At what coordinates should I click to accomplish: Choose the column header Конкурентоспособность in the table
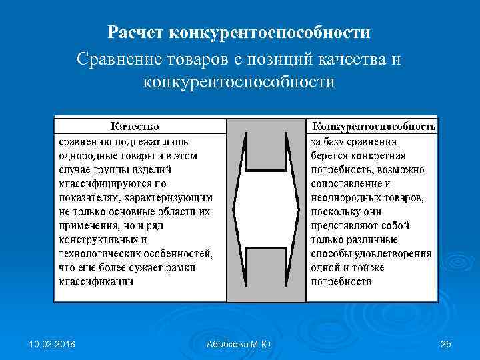[x=373, y=126]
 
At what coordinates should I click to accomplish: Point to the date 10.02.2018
[x=52, y=343]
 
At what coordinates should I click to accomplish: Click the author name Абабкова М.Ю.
[x=239, y=343]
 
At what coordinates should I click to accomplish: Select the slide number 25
[x=446, y=343]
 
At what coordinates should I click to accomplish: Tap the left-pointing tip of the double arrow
[x=233, y=211]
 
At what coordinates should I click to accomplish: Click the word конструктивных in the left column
[x=97, y=239]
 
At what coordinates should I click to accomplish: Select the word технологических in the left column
[x=99, y=253]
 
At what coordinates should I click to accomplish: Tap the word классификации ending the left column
[x=95, y=281]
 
